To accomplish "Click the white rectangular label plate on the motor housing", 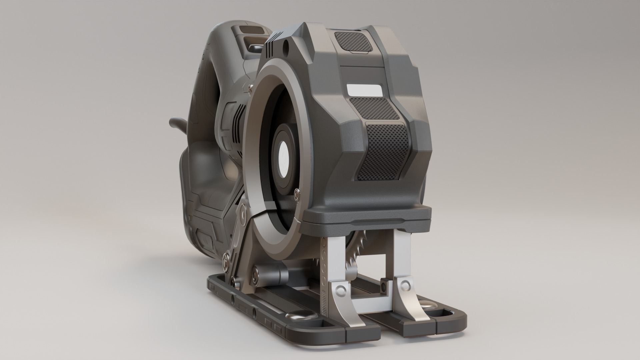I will (364, 90).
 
